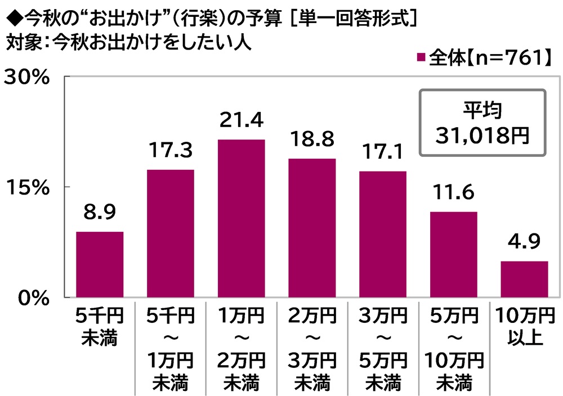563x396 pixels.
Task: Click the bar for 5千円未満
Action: [100, 264]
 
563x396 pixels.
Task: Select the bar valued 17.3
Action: [170, 233]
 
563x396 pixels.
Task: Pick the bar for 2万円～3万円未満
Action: [311, 228]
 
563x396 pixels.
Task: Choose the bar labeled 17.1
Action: [382, 234]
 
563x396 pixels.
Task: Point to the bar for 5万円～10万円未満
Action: [453, 254]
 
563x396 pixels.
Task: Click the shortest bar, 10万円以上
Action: [524, 279]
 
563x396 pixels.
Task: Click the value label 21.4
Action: [241, 120]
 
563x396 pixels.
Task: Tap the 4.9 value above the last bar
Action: [524, 242]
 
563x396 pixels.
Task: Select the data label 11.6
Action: [453, 193]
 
